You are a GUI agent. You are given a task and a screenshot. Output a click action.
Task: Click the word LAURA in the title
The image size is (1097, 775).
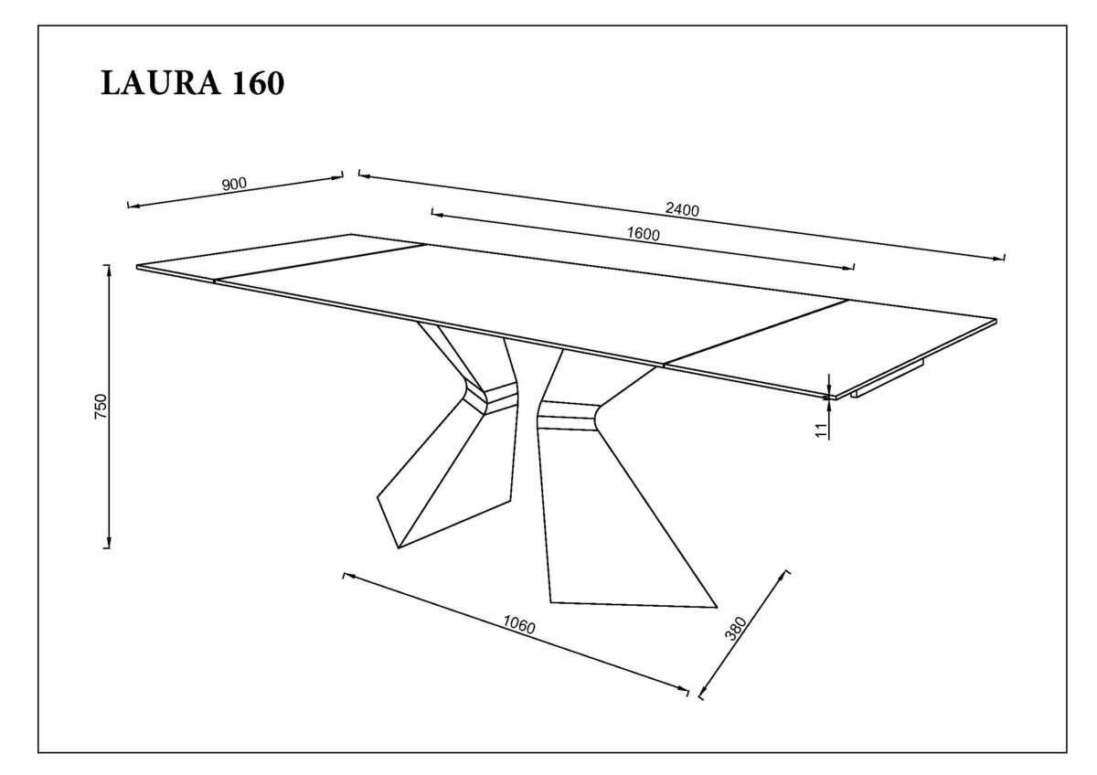tap(161, 83)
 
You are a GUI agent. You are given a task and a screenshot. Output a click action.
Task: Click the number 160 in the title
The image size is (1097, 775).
tap(258, 83)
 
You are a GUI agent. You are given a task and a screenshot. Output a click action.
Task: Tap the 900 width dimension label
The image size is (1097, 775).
tap(235, 184)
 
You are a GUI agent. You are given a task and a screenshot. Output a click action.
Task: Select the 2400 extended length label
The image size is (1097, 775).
tap(682, 209)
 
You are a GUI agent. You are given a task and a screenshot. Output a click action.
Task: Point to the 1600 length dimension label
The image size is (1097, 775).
tap(644, 235)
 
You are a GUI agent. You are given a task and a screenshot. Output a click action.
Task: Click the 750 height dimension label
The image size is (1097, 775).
tap(101, 406)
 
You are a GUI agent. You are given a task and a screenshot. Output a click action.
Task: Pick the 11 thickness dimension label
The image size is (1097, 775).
tap(822, 430)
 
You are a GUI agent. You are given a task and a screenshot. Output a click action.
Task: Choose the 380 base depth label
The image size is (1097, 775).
tap(736, 629)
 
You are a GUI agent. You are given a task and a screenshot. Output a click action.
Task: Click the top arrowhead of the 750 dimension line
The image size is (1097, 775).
tap(109, 270)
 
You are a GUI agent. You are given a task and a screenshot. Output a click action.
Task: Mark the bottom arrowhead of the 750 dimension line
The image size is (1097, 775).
tap(109, 543)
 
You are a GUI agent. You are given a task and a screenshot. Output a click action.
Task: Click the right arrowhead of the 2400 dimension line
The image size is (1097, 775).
tap(997, 258)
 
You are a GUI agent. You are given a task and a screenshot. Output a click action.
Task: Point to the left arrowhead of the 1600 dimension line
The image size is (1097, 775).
tap(438, 214)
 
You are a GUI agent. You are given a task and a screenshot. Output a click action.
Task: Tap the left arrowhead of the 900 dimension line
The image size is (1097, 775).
tap(133, 206)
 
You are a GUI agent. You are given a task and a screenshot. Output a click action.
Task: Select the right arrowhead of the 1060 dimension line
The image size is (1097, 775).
tap(682, 688)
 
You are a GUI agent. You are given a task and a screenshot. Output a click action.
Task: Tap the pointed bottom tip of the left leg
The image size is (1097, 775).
tap(399, 547)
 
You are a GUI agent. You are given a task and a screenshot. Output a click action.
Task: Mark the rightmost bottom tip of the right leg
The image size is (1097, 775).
tap(717, 608)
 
